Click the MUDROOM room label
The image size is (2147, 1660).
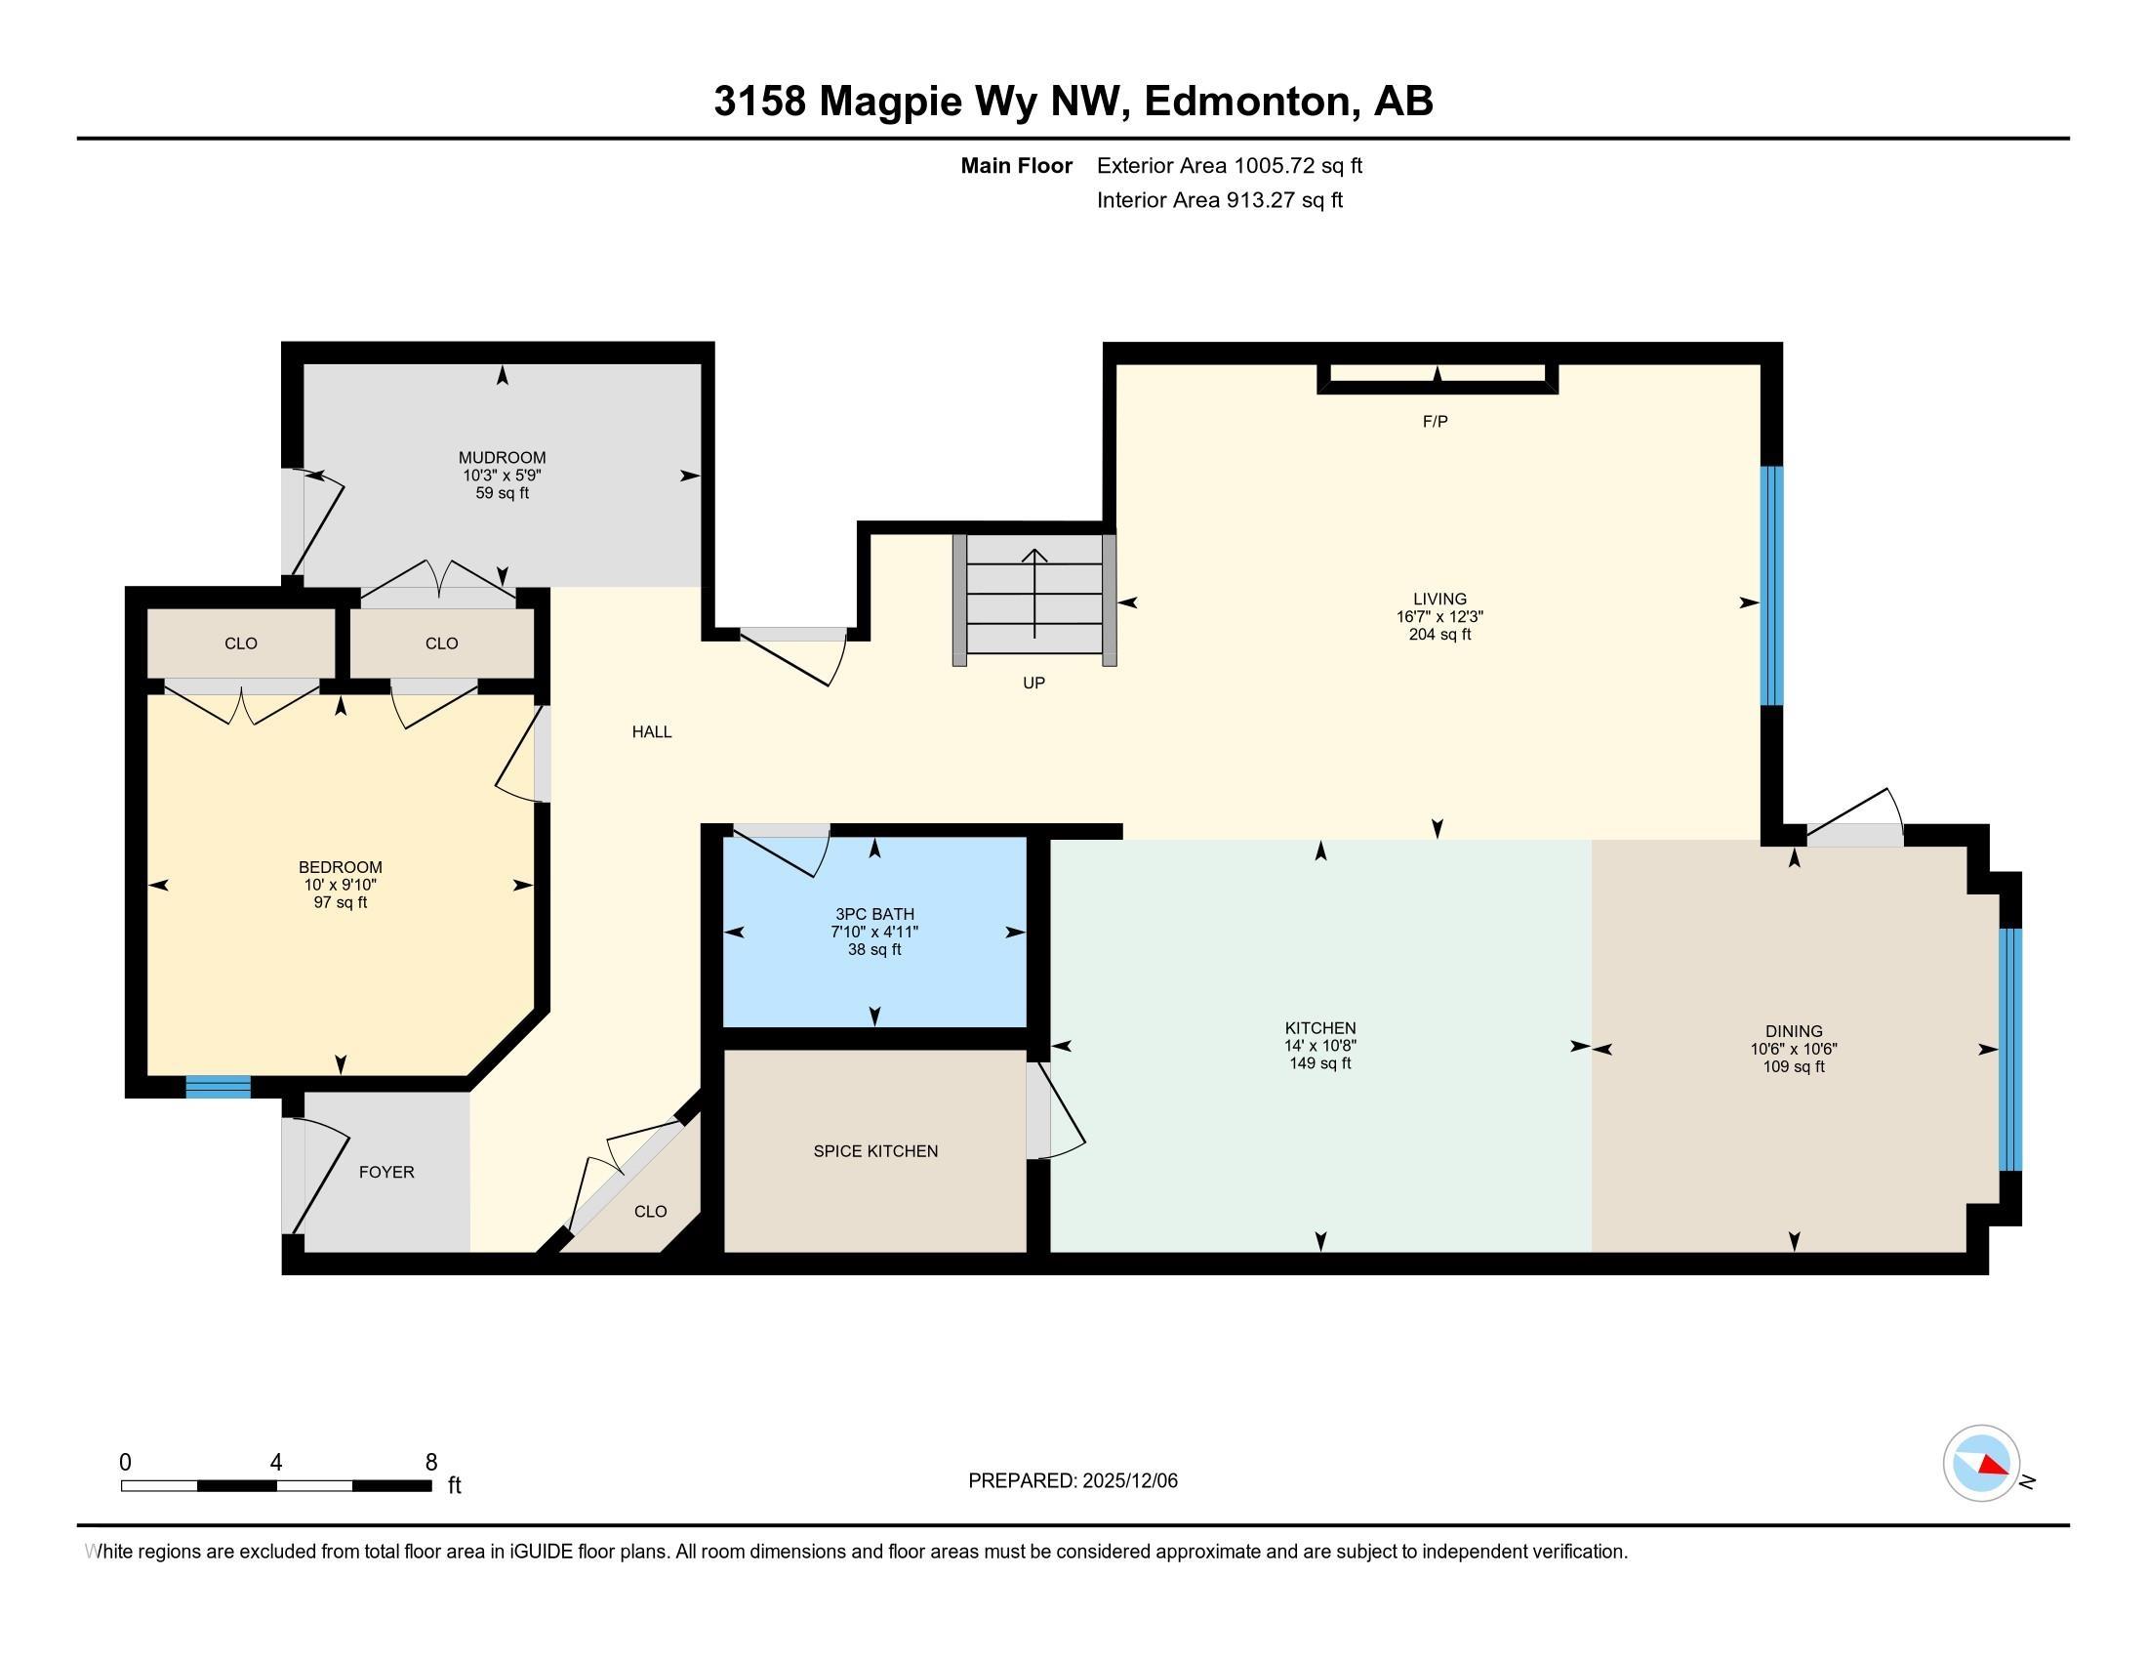pyautogui.click(x=502, y=457)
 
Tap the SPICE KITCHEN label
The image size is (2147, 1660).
pyautogui.click(x=875, y=1150)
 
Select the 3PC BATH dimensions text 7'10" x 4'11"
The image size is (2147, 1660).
pyautogui.click(x=874, y=932)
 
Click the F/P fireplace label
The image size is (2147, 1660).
pyautogui.click(x=1435, y=422)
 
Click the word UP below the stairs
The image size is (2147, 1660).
pyautogui.click(x=1033, y=683)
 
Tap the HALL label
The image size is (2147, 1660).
pyautogui.click(x=652, y=731)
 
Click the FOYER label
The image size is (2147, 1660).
pyautogui.click(x=386, y=1172)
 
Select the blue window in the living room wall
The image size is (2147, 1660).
pyautogui.click(x=1770, y=585)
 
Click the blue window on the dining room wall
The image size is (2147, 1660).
pyautogui.click(x=2010, y=1050)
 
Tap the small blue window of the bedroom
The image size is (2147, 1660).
pyautogui.click(x=219, y=1087)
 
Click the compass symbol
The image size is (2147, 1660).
pyautogui.click(x=1981, y=1464)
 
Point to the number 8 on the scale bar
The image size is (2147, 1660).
pyautogui.click(x=430, y=1463)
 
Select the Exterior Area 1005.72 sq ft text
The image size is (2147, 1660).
pyautogui.click(x=1229, y=165)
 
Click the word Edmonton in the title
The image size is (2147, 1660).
pyautogui.click(x=1246, y=102)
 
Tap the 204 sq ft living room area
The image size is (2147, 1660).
pyautogui.click(x=1439, y=635)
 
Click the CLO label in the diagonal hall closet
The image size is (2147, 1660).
pyautogui.click(x=650, y=1212)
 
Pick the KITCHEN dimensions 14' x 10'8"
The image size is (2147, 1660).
pyautogui.click(x=1319, y=1046)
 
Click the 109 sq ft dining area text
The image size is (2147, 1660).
pyautogui.click(x=1793, y=1066)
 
